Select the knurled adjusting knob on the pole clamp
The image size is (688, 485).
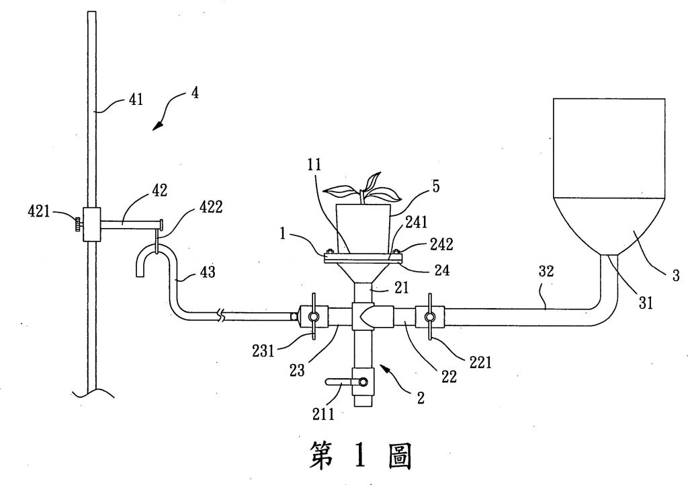pyautogui.click(x=79, y=223)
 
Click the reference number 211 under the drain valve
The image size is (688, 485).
pyautogui.click(x=323, y=412)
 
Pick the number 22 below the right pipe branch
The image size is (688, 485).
pyautogui.click(x=448, y=377)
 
